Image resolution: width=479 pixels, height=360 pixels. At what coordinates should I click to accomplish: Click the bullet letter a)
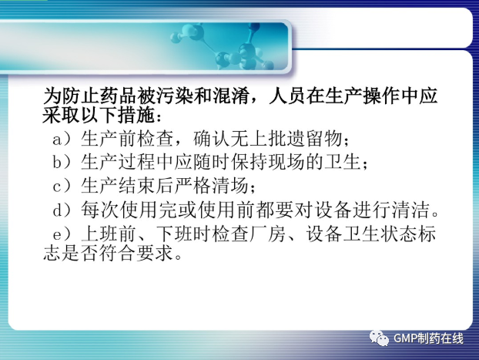[62, 140]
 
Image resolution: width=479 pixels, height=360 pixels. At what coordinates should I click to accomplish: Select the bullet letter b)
[62, 162]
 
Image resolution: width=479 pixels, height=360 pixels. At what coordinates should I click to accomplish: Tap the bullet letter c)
[62, 186]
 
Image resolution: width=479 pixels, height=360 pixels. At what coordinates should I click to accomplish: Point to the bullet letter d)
[62, 210]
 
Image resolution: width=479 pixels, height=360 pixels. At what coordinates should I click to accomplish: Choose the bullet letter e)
[62, 234]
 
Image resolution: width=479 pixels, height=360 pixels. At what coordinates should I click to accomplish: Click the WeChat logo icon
[379, 338]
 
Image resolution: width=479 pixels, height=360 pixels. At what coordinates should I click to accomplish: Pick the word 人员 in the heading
[288, 96]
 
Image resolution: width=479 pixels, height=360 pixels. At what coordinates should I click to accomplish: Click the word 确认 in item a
[212, 140]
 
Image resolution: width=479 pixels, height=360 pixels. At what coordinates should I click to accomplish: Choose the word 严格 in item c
[193, 186]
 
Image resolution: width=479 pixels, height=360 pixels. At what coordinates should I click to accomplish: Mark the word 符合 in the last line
[118, 254]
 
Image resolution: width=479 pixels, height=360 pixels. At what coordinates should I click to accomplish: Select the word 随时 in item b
[212, 162]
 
